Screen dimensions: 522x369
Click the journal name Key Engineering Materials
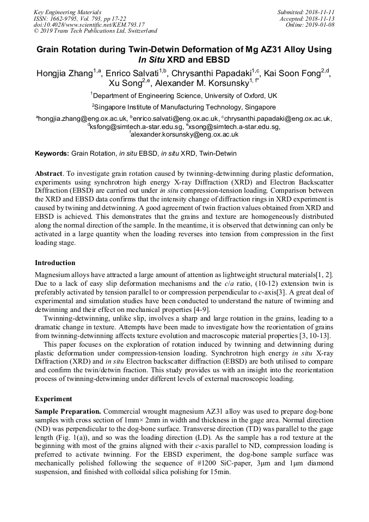click(x=67, y=11)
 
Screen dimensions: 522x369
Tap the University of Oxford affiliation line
click(x=184, y=95)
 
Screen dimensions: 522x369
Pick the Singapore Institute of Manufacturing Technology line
click(x=184, y=107)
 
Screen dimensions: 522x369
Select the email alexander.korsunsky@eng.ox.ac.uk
click(x=185, y=134)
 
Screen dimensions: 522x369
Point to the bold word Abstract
click(x=48, y=173)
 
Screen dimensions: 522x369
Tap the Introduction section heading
click(x=55, y=263)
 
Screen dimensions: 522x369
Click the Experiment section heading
click(x=53, y=398)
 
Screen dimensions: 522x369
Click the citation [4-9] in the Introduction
click(x=194, y=310)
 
